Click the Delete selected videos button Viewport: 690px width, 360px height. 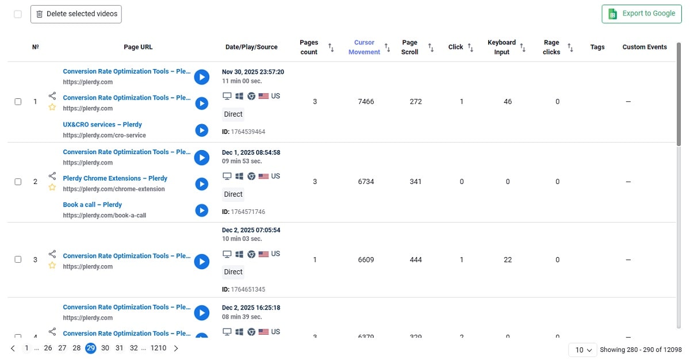point(76,14)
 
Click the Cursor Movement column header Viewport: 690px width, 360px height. point(364,47)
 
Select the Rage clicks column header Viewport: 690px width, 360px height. point(551,47)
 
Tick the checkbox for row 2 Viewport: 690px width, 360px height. point(18,182)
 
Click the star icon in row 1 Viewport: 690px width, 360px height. point(52,108)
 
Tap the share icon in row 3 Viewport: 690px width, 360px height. point(52,254)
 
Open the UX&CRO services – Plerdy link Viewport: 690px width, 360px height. point(102,125)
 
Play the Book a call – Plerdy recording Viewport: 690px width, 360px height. point(201,210)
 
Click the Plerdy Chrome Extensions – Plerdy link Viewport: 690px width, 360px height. point(115,178)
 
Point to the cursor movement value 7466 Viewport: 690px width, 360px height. point(366,102)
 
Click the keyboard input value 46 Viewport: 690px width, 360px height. point(508,102)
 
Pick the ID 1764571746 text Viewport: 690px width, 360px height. point(248,212)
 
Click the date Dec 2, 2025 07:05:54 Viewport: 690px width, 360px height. point(251,230)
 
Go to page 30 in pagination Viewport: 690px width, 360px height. point(105,348)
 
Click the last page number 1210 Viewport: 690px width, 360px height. point(158,348)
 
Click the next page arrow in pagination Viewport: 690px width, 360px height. point(176,348)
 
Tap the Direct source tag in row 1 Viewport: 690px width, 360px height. point(233,114)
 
